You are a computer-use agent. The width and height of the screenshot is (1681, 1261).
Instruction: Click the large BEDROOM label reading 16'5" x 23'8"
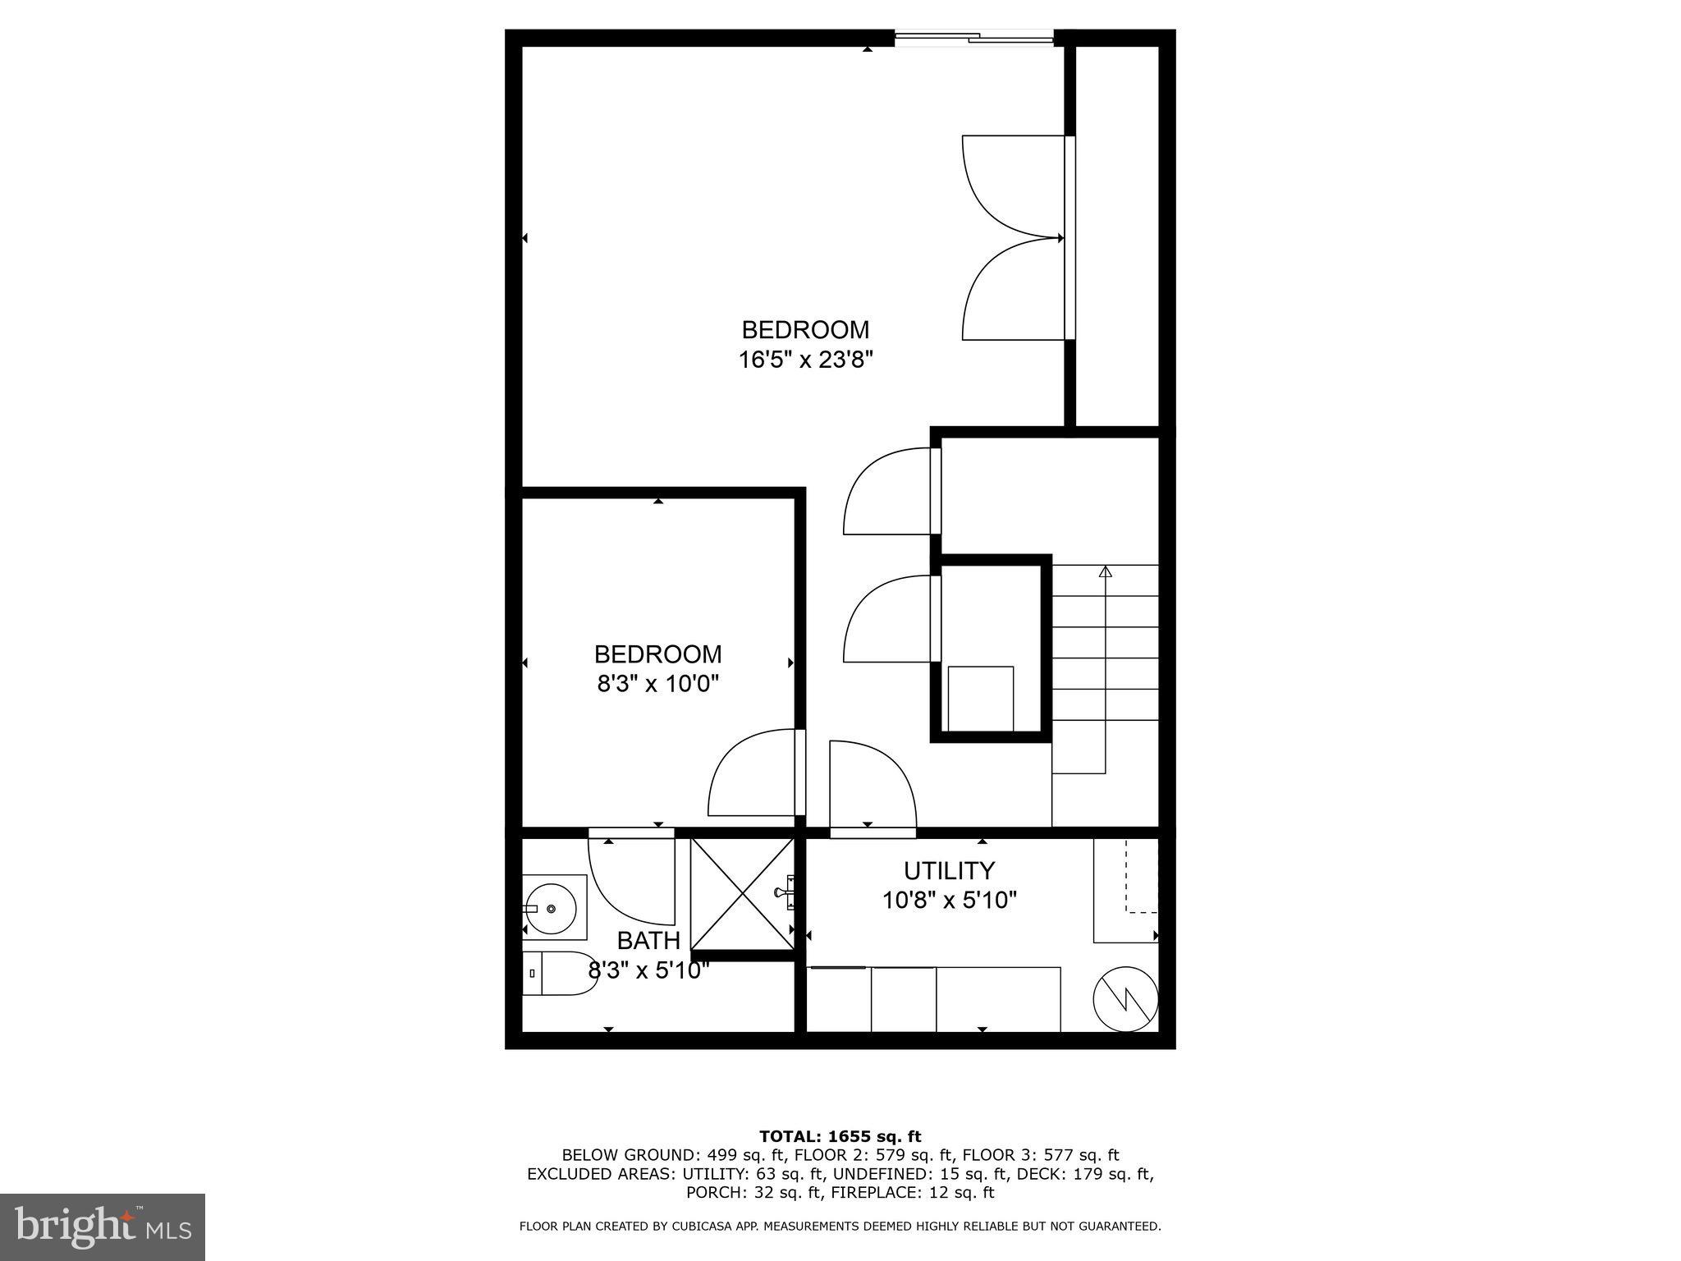point(804,344)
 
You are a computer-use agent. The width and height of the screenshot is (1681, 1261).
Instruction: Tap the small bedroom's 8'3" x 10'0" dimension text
point(657,684)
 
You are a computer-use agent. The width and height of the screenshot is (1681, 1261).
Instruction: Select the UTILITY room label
point(949,870)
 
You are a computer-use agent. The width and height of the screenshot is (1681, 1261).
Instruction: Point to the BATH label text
point(648,940)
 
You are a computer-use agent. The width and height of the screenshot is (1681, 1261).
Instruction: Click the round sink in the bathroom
point(552,908)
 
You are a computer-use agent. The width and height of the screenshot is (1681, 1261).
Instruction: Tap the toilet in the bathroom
point(558,974)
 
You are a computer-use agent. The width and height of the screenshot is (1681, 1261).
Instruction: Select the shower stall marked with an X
point(741,892)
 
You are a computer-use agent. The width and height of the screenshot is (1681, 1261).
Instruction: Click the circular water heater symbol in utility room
point(1125,1002)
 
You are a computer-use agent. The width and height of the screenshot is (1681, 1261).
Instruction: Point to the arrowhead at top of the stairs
point(1105,571)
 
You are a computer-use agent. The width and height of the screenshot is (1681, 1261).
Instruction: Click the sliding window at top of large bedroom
point(973,36)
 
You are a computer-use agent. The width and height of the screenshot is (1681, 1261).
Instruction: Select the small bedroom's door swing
point(751,773)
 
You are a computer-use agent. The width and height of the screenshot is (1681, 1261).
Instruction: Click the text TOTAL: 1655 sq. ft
point(840,1136)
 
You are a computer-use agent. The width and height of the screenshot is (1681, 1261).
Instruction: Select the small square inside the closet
point(980,698)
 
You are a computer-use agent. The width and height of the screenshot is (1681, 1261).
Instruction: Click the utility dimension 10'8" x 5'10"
point(949,901)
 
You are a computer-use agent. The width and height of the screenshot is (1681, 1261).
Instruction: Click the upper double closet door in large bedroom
point(1013,187)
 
